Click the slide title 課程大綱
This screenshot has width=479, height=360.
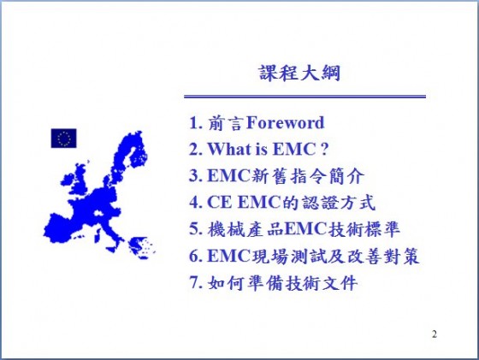click(x=299, y=74)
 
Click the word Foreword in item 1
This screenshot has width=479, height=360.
click(x=285, y=123)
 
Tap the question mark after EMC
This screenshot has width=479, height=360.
click(x=324, y=149)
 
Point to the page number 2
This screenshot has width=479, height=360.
click(x=435, y=334)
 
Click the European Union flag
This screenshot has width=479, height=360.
click(x=63, y=139)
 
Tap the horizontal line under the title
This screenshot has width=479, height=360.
click(x=305, y=97)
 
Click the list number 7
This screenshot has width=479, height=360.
click(x=195, y=282)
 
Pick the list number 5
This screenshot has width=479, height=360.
click(x=195, y=229)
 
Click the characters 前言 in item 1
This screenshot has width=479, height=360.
click(x=226, y=123)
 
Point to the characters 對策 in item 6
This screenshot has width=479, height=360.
click(x=401, y=256)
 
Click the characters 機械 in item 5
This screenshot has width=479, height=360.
click(x=226, y=229)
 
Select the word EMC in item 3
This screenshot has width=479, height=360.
click(x=228, y=175)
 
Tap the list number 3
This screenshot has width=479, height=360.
click(x=195, y=175)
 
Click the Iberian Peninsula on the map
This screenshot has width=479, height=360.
click(x=60, y=228)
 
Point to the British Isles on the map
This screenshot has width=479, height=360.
click(x=75, y=180)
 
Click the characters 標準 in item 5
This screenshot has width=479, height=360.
click(x=382, y=229)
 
